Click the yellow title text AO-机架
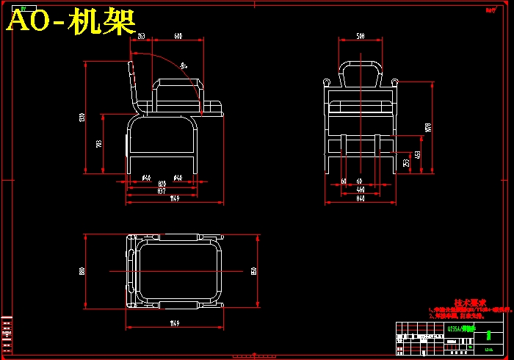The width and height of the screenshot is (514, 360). [x=71, y=23]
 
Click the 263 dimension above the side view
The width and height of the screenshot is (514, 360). [x=141, y=36]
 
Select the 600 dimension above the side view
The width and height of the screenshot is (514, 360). [x=178, y=36]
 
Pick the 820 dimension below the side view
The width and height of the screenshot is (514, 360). [x=162, y=184]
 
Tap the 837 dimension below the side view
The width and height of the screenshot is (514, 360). [x=162, y=191]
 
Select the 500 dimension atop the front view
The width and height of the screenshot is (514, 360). [x=361, y=36]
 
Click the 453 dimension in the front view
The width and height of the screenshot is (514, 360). [x=418, y=155]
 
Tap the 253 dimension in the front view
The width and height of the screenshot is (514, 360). [x=406, y=162]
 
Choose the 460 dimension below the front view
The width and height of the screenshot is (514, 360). [x=360, y=190]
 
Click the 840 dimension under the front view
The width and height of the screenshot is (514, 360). [x=360, y=198]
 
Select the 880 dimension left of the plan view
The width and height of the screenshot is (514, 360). [x=82, y=270]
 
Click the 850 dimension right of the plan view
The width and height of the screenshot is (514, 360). [x=253, y=270]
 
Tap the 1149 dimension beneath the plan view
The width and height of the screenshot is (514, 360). [x=174, y=323]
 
